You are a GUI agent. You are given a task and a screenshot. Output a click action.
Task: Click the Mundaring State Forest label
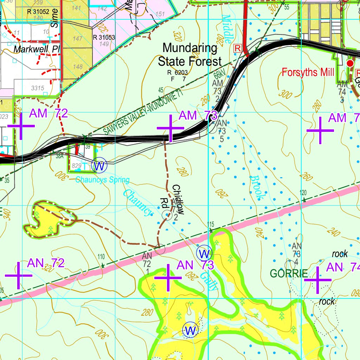(x=190, y=54)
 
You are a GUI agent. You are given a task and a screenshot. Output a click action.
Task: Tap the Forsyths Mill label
(x=308, y=73)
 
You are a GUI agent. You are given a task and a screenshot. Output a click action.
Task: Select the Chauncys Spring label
(x=102, y=180)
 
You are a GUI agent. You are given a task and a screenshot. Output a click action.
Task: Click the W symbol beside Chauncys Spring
(x=99, y=166)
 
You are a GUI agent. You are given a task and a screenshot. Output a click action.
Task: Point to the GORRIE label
(x=289, y=273)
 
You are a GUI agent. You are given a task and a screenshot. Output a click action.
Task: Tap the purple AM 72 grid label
(x=48, y=113)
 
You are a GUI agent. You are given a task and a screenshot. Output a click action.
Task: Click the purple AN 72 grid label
(x=46, y=263)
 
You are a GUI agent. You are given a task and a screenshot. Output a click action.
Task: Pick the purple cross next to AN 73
(x=168, y=278)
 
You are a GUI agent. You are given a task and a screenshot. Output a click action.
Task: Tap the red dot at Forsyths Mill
(x=350, y=63)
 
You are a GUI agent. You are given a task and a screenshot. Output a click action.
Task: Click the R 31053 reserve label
(x=104, y=37)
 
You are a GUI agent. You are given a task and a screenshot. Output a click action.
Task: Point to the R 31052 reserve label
(x=38, y=11)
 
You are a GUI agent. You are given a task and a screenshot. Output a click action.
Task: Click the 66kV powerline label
(x=219, y=75)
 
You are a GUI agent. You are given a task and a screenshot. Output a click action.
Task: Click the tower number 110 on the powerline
(x=101, y=256)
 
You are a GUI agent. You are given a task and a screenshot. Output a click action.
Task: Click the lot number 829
(x=76, y=165)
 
